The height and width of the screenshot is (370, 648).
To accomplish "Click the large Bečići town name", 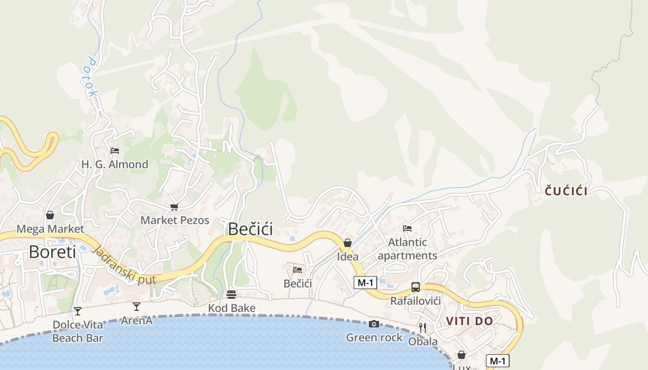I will [x=250, y=229].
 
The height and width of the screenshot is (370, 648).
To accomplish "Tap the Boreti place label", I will [x=52, y=252].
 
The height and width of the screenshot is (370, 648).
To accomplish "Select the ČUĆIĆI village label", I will [x=566, y=191].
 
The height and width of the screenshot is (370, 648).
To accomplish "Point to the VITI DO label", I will [x=469, y=321].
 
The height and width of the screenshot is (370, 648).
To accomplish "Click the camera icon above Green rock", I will [x=374, y=324].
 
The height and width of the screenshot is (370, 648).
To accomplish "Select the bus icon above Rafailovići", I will [x=416, y=287].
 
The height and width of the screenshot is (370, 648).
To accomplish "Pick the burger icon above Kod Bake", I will [x=231, y=295].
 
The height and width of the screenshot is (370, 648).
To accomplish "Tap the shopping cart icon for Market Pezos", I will [x=174, y=207].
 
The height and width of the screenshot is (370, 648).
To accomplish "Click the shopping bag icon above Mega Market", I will [x=50, y=215].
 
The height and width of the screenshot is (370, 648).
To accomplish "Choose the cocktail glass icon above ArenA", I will [x=137, y=306].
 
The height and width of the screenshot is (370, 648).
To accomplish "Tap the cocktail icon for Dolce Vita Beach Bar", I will [x=78, y=311].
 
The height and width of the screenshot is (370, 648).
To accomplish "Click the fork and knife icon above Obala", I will [x=423, y=328].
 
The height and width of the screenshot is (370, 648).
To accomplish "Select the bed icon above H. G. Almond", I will [x=115, y=151].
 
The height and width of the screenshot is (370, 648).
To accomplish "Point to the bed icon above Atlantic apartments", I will [x=407, y=228].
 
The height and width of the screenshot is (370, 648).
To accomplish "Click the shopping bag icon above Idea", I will [x=348, y=243].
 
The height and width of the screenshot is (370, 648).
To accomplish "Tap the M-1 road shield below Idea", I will [x=365, y=282].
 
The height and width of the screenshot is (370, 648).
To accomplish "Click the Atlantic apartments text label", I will [x=407, y=249].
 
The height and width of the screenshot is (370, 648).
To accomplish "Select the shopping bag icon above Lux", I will [x=461, y=355].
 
